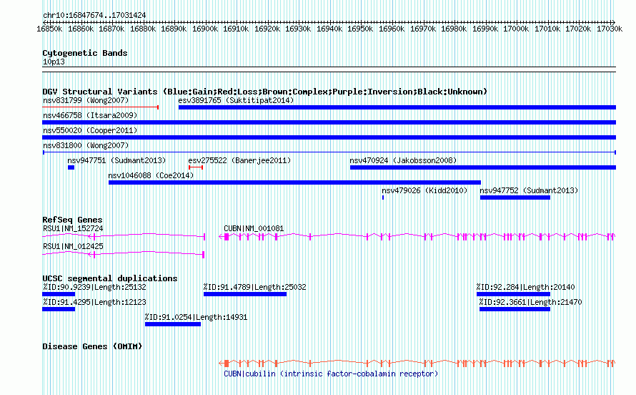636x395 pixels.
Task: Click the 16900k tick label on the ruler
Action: pyautogui.click(x=205, y=29)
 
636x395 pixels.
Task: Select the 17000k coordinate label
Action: pyautogui.click(x=516, y=29)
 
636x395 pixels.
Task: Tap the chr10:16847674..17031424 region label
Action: pyautogui.click(x=94, y=15)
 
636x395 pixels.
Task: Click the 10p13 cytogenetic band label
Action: pyautogui.click(x=54, y=62)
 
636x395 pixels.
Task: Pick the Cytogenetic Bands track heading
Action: pyautogui.click(x=85, y=53)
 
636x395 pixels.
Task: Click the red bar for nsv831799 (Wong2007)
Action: pyautogui.click(x=100, y=107)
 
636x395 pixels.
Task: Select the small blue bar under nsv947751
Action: pyautogui.click(x=71, y=167)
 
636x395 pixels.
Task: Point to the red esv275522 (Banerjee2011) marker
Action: pyautogui.click(x=196, y=167)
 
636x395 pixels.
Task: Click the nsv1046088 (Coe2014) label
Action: pyautogui.click(x=151, y=175)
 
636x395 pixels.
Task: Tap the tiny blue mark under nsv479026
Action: pyautogui.click(x=383, y=197)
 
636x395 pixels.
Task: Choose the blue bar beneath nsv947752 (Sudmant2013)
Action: pyautogui.click(x=515, y=197)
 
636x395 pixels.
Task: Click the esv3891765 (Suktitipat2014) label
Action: pyautogui.click(x=236, y=100)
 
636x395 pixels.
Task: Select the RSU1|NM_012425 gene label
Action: pyautogui.click(x=73, y=246)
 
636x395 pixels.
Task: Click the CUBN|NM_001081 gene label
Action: pyautogui.click(x=254, y=228)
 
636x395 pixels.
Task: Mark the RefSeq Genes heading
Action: pyautogui.click(x=72, y=220)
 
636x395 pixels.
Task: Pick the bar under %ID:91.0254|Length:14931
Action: pyautogui.click(x=173, y=324)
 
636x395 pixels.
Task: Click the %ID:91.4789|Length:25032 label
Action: pyautogui.click(x=254, y=287)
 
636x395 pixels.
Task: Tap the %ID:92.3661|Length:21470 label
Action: pyautogui.click(x=530, y=302)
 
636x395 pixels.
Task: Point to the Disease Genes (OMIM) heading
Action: pyautogui.click(x=92, y=346)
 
